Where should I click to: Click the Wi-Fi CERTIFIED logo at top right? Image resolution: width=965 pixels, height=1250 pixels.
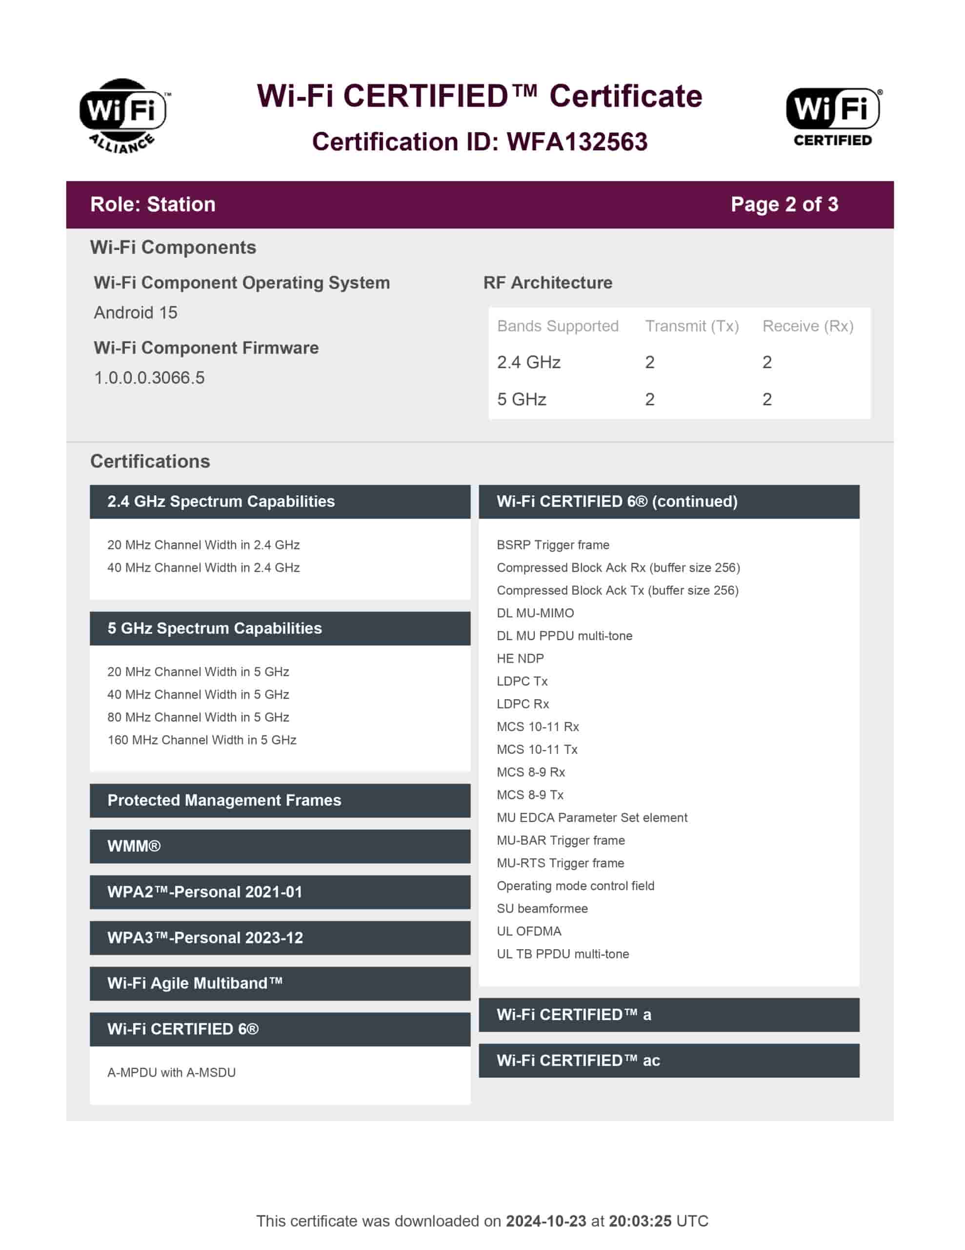pyautogui.click(x=832, y=116)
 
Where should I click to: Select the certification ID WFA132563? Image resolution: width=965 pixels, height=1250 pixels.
pyautogui.click(x=577, y=142)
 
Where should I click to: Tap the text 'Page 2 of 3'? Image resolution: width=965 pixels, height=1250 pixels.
pyautogui.click(x=784, y=204)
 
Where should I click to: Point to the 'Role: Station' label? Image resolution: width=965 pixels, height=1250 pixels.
pyautogui.click(x=153, y=204)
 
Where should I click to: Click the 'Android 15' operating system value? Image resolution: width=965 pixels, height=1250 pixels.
pyautogui.click(x=136, y=312)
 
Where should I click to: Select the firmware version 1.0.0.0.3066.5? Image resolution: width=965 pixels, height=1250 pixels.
pyautogui.click(x=149, y=378)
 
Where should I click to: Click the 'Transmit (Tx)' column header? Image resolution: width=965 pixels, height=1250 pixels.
pyautogui.click(x=692, y=326)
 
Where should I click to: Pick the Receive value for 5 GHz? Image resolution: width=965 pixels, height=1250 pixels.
pyautogui.click(x=766, y=399)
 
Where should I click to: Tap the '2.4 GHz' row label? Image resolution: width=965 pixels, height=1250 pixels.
pyautogui.click(x=528, y=362)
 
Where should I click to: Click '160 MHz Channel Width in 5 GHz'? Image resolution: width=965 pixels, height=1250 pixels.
pyautogui.click(x=202, y=740)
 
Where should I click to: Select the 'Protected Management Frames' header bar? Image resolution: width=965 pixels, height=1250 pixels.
pyautogui.click(x=280, y=800)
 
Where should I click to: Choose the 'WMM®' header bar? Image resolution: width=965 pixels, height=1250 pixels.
pyautogui.click(x=280, y=846)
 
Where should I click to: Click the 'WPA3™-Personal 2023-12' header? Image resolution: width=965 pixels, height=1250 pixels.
pyautogui.click(x=280, y=937)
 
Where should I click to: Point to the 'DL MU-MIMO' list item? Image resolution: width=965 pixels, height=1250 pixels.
pyautogui.click(x=535, y=613)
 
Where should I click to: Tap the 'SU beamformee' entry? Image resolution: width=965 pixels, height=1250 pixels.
pyautogui.click(x=542, y=908)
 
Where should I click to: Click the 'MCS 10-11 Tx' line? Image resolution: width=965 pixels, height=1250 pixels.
pyautogui.click(x=537, y=749)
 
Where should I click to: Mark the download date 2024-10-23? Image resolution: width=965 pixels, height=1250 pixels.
pyautogui.click(x=546, y=1221)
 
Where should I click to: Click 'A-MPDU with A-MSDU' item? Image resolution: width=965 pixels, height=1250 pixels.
pyautogui.click(x=172, y=1073)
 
